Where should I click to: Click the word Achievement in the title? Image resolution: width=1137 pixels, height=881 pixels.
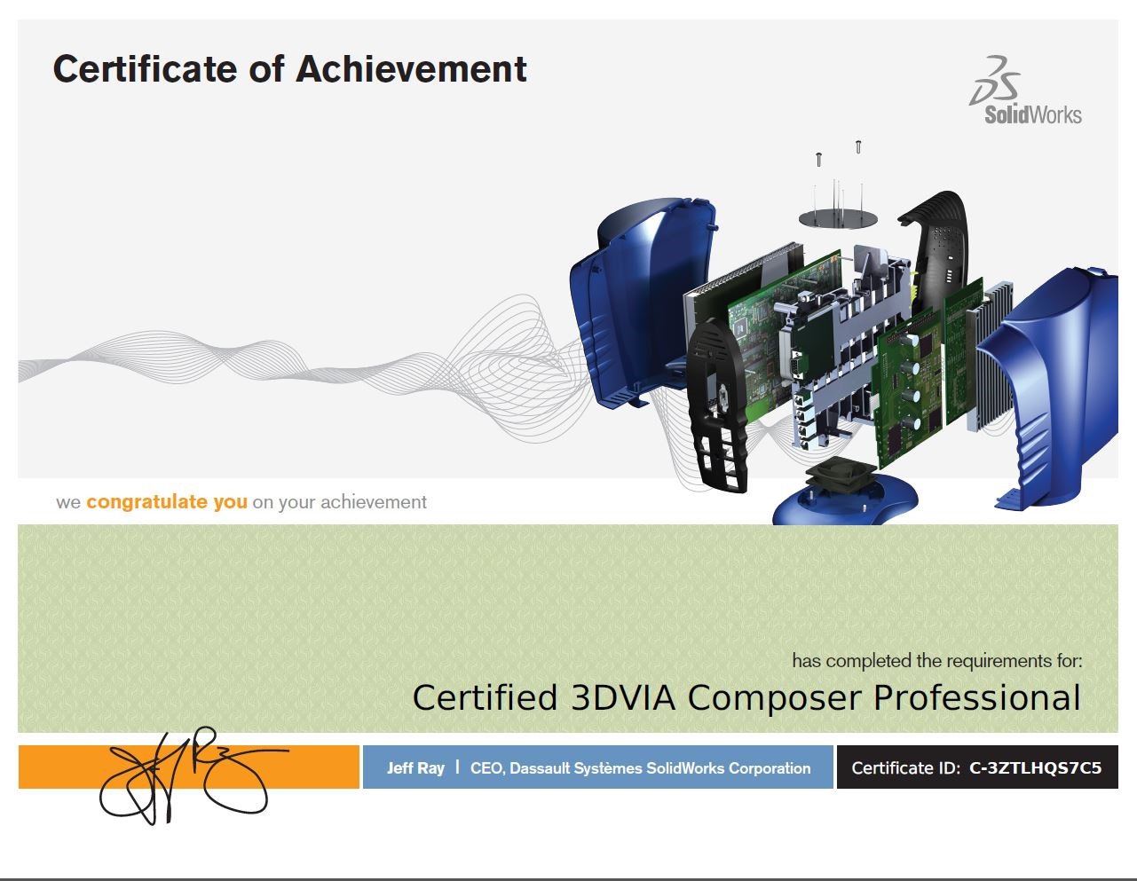coord(411,69)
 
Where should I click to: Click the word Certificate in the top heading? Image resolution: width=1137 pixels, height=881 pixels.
coord(145,69)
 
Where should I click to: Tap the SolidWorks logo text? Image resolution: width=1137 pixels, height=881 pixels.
coord(1033,114)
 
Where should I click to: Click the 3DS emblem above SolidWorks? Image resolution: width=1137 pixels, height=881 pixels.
coord(995,80)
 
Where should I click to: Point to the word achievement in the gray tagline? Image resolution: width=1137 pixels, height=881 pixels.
coord(374,502)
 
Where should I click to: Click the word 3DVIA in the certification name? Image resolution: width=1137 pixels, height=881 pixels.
coord(623,697)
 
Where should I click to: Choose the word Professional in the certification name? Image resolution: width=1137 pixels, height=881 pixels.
coord(977,697)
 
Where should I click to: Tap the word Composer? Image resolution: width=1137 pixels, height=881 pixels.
coord(774,699)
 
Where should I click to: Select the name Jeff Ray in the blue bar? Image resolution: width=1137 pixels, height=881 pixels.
coord(415,767)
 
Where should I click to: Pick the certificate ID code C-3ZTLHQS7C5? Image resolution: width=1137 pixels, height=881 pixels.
coord(1035,767)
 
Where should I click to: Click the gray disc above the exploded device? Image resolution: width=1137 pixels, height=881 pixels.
coord(838,217)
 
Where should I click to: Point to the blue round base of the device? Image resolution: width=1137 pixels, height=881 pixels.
coord(844,502)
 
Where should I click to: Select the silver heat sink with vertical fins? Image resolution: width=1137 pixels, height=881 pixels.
coord(990,356)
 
